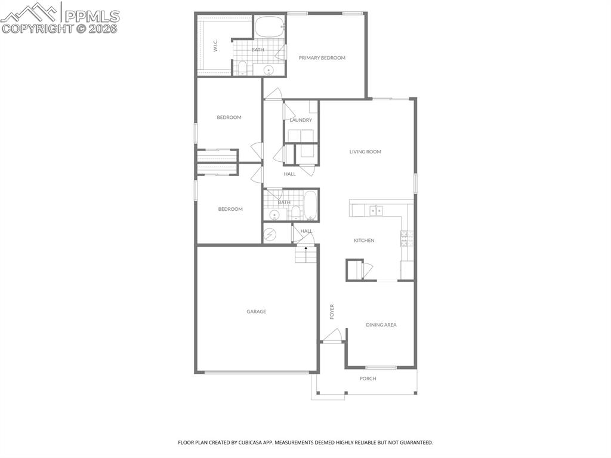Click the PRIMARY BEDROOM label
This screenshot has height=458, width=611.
(322, 58)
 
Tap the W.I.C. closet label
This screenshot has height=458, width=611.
(216, 47)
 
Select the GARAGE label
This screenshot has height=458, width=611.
(257, 312)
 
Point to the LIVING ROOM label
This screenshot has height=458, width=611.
(365, 152)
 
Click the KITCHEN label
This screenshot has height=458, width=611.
(364, 241)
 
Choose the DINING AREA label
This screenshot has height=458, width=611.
(381, 325)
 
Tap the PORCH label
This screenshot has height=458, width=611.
(368, 379)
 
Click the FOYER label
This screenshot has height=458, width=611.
(332, 311)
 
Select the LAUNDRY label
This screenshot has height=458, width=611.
(301, 120)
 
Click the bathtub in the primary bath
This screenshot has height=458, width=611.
(270, 27)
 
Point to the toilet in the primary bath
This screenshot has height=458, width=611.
(242, 67)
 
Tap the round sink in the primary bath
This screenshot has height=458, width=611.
(269, 70)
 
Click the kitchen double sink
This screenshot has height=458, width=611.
(377, 210)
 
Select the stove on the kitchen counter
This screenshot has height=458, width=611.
(406, 239)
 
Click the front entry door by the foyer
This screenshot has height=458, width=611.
(334, 336)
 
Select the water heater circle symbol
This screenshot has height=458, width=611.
(271, 234)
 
